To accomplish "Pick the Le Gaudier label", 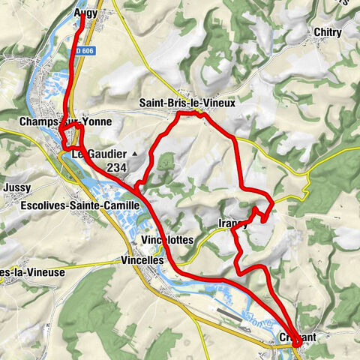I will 100,154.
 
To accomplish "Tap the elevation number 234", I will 117,167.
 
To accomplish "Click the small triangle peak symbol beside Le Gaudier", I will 135,154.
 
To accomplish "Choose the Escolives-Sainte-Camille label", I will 80,205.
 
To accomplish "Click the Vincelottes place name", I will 167,239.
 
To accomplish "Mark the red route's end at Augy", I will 81,18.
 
